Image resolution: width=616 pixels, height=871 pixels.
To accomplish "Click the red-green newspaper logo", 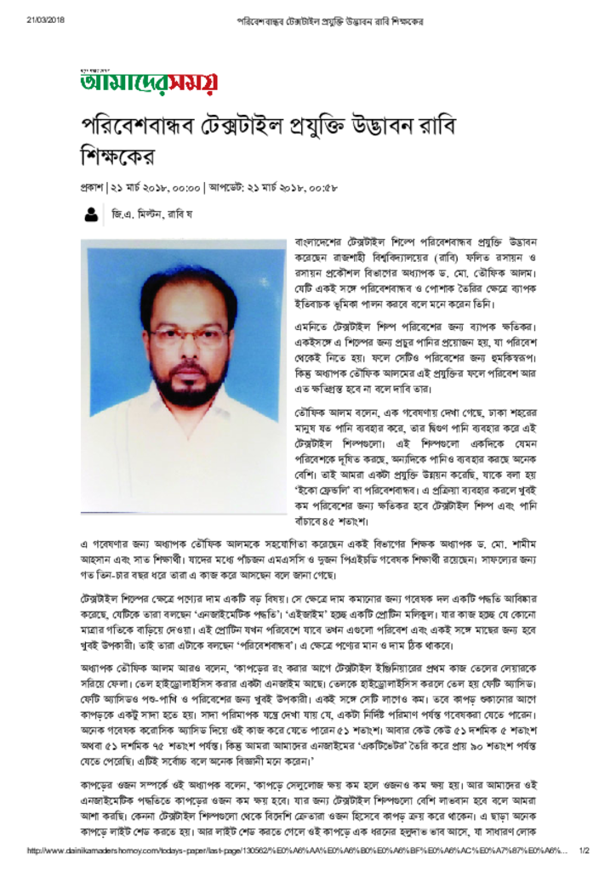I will pyautogui.click(x=149, y=82).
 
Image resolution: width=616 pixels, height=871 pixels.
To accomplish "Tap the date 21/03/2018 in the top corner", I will pyautogui.click(x=45, y=20).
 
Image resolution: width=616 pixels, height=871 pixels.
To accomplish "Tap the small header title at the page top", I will pyautogui.click(x=330, y=20).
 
